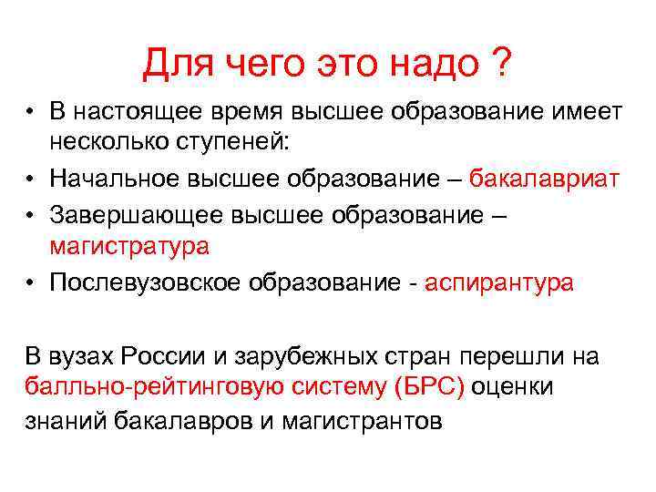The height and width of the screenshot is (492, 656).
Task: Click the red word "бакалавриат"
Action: [544, 179]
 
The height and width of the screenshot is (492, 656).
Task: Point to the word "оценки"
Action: [513, 387]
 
